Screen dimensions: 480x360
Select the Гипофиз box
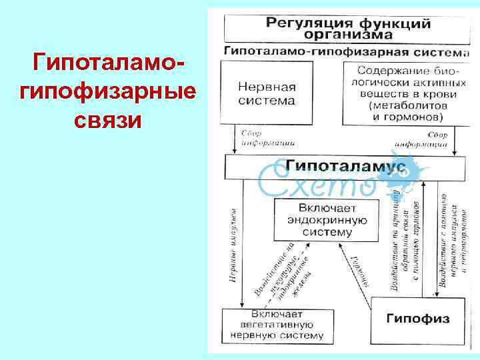[417, 319]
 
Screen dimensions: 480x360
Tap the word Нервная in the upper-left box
[267, 87]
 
